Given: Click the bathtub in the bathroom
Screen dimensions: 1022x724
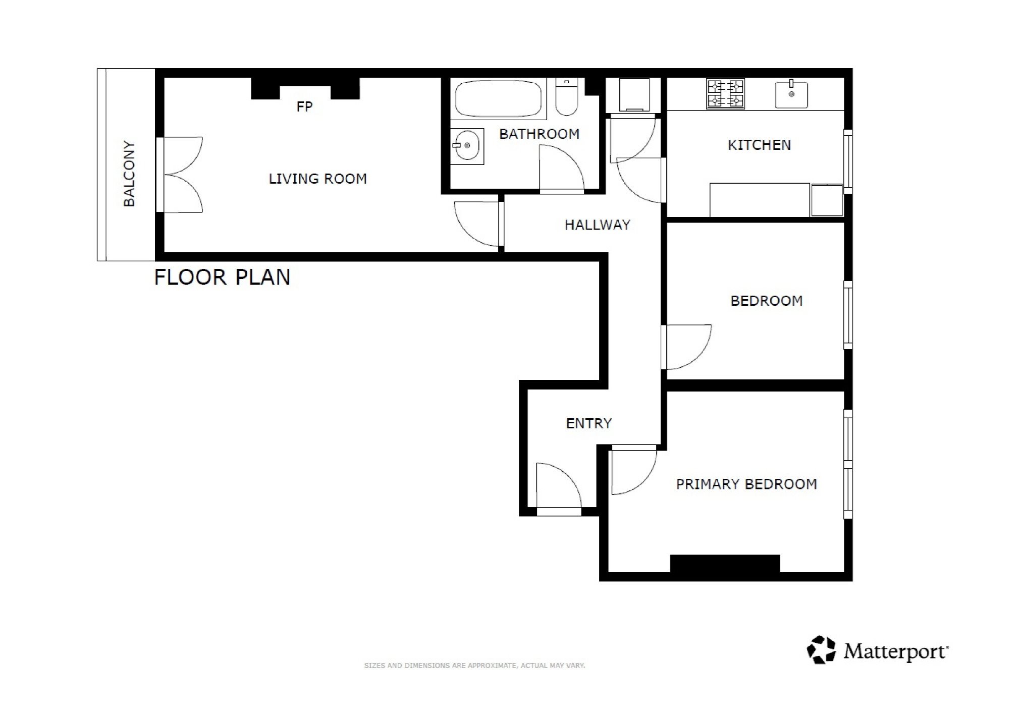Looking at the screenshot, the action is tap(498, 99).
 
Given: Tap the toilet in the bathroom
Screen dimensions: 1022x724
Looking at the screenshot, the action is tap(567, 96).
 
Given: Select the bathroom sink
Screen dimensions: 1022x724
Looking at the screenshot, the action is tap(467, 146).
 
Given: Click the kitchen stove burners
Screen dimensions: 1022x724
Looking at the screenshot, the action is tap(725, 94).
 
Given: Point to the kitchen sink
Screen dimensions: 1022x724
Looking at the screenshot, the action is tap(791, 94).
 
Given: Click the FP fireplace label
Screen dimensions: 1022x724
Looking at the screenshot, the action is tap(304, 106).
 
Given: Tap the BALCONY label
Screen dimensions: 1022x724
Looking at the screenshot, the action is tap(129, 174).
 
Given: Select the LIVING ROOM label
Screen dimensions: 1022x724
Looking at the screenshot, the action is tap(317, 179).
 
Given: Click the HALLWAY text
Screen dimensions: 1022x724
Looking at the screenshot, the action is tap(598, 225).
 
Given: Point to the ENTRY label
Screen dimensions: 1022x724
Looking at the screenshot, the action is tap(589, 423).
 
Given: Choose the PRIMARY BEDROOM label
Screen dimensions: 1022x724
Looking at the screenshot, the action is tap(746, 484).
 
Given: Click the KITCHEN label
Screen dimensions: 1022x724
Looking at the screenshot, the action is tap(759, 145).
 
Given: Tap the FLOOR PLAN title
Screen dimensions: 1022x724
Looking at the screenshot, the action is tap(222, 277).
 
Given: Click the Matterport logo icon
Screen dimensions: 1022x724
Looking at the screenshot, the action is tap(821, 650).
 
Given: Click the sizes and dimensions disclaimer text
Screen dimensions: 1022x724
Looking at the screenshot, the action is tap(474, 665).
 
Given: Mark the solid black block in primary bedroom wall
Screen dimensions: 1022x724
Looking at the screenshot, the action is tap(725, 564).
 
